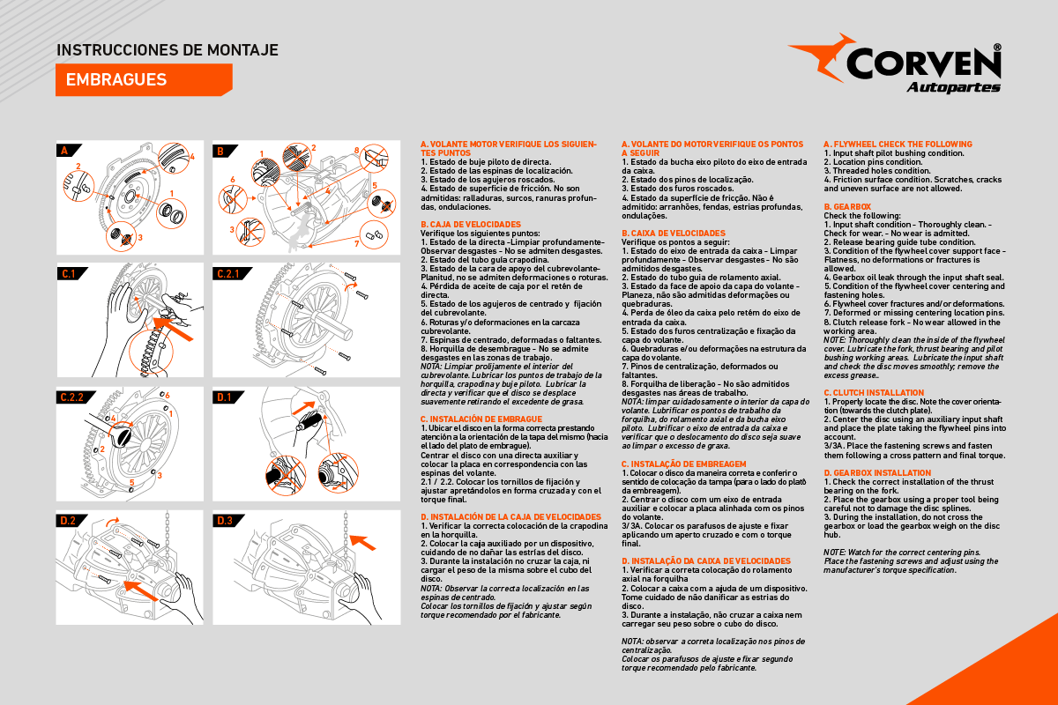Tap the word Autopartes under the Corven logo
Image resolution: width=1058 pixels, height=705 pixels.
pos(953,87)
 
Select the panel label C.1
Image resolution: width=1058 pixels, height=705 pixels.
pos(70,274)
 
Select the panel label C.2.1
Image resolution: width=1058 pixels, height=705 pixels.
pos(228,274)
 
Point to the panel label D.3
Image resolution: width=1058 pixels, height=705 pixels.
pos(225,521)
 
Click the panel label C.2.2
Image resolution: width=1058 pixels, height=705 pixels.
pos(71,397)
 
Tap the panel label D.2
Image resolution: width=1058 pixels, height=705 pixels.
pos(68,521)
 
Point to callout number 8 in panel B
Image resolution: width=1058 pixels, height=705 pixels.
pos(356,151)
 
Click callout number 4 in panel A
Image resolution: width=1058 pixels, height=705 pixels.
pos(191,157)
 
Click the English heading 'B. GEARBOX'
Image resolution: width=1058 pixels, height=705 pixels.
pos(846,207)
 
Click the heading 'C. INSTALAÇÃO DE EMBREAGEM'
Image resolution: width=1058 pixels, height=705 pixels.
pos(683,464)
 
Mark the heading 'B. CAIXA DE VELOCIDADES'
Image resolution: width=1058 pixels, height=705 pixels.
pos(674,233)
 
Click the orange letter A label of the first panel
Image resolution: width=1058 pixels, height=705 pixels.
pos(63,151)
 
